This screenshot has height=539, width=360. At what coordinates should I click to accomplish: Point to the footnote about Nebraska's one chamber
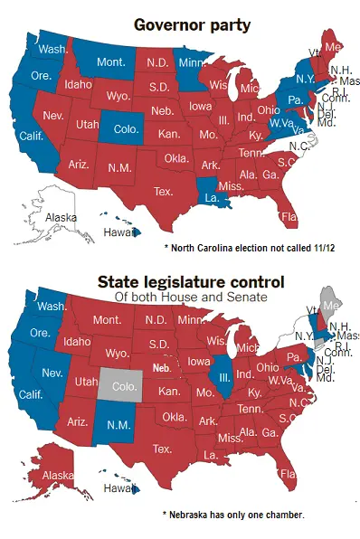coord(233,515)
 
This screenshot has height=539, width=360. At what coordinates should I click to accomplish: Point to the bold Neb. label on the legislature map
coord(163,369)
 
